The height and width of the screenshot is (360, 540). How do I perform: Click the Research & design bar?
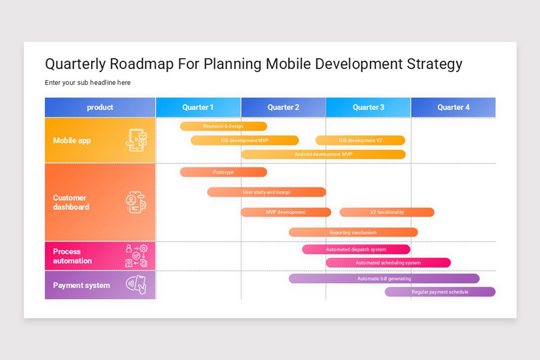(x=223, y=126)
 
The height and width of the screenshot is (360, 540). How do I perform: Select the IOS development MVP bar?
(x=245, y=140)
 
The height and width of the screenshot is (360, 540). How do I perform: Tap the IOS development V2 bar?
(x=360, y=140)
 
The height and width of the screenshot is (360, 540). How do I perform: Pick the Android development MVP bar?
(x=323, y=154)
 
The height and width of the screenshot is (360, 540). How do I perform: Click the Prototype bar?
(x=223, y=172)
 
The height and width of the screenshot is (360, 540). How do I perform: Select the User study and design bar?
(x=266, y=192)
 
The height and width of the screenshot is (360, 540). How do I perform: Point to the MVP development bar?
(x=286, y=212)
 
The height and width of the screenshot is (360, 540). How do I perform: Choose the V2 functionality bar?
(x=387, y=212)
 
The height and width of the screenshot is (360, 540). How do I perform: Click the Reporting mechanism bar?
(x=353, y=233)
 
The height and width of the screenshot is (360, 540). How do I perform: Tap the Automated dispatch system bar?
(x=356, y=249)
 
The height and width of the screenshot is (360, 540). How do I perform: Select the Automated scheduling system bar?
(x=388, y=263)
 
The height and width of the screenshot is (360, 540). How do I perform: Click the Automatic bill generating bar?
(x=384, y=279)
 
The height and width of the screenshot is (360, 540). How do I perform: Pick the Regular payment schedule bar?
(x=440, y=292)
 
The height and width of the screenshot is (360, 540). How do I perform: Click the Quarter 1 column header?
(x=198, y=107)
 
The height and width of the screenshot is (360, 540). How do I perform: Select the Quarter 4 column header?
(x=453, y=107)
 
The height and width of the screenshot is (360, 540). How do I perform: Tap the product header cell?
(x=100, y=107)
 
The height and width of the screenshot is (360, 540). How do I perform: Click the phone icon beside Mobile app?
(x=136, y=140)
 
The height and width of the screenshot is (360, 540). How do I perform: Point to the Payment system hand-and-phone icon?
(x=136, y=285)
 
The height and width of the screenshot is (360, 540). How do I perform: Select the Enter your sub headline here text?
(x=88, y=83)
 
